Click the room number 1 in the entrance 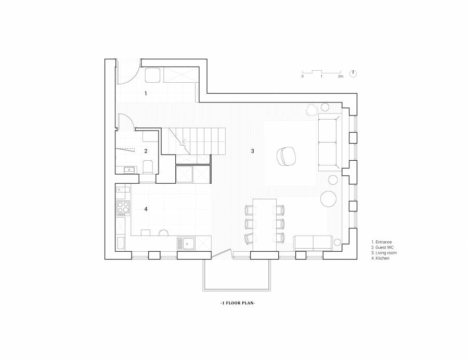pyautogui.click(x=146, y=94)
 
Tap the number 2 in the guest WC pyautogui.click(x=146, y=151)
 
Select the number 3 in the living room pyautogui.click(x=253, y=151)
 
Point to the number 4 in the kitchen pyautogui.click(x=146, y=209)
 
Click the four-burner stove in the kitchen pyautogui.click(x=123, y=209)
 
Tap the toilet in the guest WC pyautogui.click(x=148, y=167)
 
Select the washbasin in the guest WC pyautogui.click(x=130, y=170)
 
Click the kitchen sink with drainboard pyautogui.click(x=186, y=243)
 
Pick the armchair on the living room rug pyautogui.click(x=286, y=156)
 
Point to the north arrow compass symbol pyautogui.click(x=353, y=73)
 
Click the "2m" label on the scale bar pyautogui.click(x=341, y=76)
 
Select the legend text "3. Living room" pyautogui.click(x=384, y=253)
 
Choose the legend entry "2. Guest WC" pyautogui.click(x=382, y=248)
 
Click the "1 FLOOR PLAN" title pyautogui.click(x=238, y=303)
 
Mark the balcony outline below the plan pyautogui.click(x=237, y=290)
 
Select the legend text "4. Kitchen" pyautogui.click(x=380, y=258)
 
